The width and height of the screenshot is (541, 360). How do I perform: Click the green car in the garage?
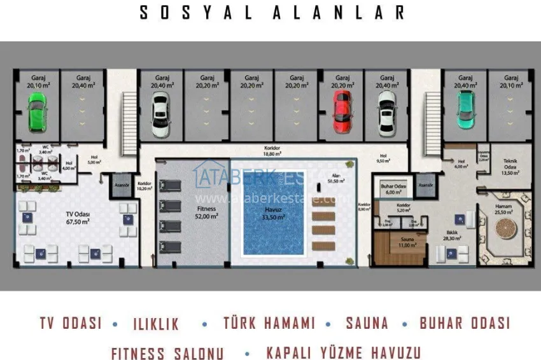38,111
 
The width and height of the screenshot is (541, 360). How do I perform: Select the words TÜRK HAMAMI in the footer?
269,322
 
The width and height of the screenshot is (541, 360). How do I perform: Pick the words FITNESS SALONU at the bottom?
167,352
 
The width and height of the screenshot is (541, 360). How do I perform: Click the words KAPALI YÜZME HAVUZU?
343,352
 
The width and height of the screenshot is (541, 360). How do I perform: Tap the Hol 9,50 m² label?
383,158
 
